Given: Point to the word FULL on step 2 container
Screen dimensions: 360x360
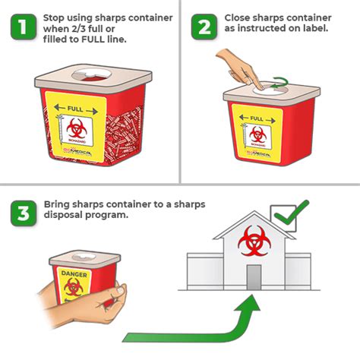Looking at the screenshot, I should point(257,119).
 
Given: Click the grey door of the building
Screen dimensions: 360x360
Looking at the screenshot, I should point(253,276).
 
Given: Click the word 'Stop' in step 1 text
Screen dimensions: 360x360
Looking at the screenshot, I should point(54,17).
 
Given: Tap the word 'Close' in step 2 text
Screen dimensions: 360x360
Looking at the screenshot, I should point(238,17).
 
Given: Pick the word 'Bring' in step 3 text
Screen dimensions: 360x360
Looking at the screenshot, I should point(58,204).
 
